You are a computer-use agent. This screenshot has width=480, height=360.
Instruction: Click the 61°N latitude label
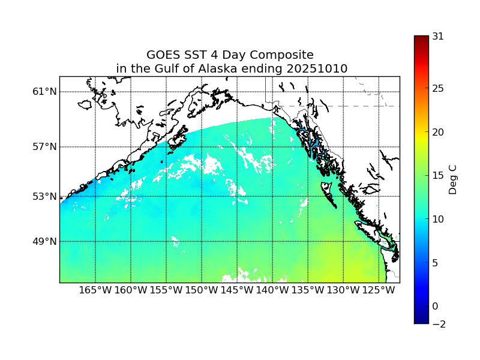click(44, 92)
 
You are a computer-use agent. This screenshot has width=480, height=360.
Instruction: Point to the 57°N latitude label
click(44, 147)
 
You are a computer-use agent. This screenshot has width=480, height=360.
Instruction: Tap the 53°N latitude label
click(44, 196)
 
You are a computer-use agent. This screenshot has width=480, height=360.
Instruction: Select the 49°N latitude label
click(44, 241)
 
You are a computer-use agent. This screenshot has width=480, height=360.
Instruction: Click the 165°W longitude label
click(95, 290)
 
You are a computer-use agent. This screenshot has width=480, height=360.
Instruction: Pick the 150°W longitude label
click(202, 290)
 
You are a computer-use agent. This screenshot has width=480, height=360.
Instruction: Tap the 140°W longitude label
click(272, 290)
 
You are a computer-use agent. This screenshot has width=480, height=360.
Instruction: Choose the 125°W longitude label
click(379, 290)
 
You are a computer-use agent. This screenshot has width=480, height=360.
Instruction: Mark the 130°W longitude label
click(343, 290)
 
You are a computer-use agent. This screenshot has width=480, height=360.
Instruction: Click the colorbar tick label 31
click(438, 36)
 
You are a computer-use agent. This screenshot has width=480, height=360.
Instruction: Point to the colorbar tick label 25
click(438, 89)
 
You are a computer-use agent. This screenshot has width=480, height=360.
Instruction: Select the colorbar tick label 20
click(438, 132)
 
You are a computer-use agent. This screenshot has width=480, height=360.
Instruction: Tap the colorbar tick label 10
click(438, 219)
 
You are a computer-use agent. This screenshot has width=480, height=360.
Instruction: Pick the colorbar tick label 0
click(436, 306)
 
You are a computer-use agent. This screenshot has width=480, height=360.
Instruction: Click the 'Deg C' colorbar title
click(454, 179)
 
